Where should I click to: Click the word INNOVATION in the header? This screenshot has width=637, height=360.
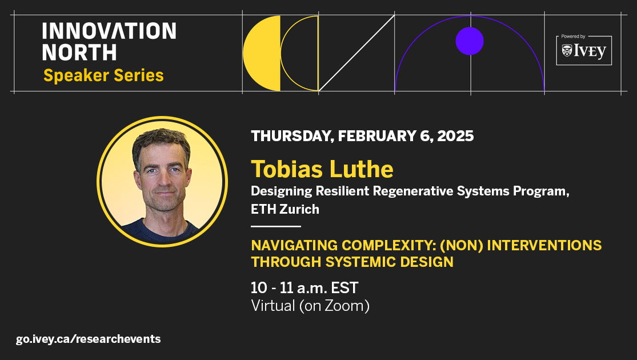109,31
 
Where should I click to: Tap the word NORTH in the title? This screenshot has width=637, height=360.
79,53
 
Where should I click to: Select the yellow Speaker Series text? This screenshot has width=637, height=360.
103,75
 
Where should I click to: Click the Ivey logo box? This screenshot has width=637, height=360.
583,50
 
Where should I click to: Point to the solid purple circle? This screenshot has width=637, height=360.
470,41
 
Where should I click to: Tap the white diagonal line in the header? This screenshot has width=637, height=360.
356,53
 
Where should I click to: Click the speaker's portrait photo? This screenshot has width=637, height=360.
162,181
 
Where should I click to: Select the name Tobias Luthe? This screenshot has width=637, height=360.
322,169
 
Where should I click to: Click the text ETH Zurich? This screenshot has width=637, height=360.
285,209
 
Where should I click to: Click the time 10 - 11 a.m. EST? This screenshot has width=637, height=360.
305,287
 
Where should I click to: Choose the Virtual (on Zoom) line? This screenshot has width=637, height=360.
310,306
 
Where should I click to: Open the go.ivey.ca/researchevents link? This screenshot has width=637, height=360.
89,339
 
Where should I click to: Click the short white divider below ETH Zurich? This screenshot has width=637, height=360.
275,227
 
